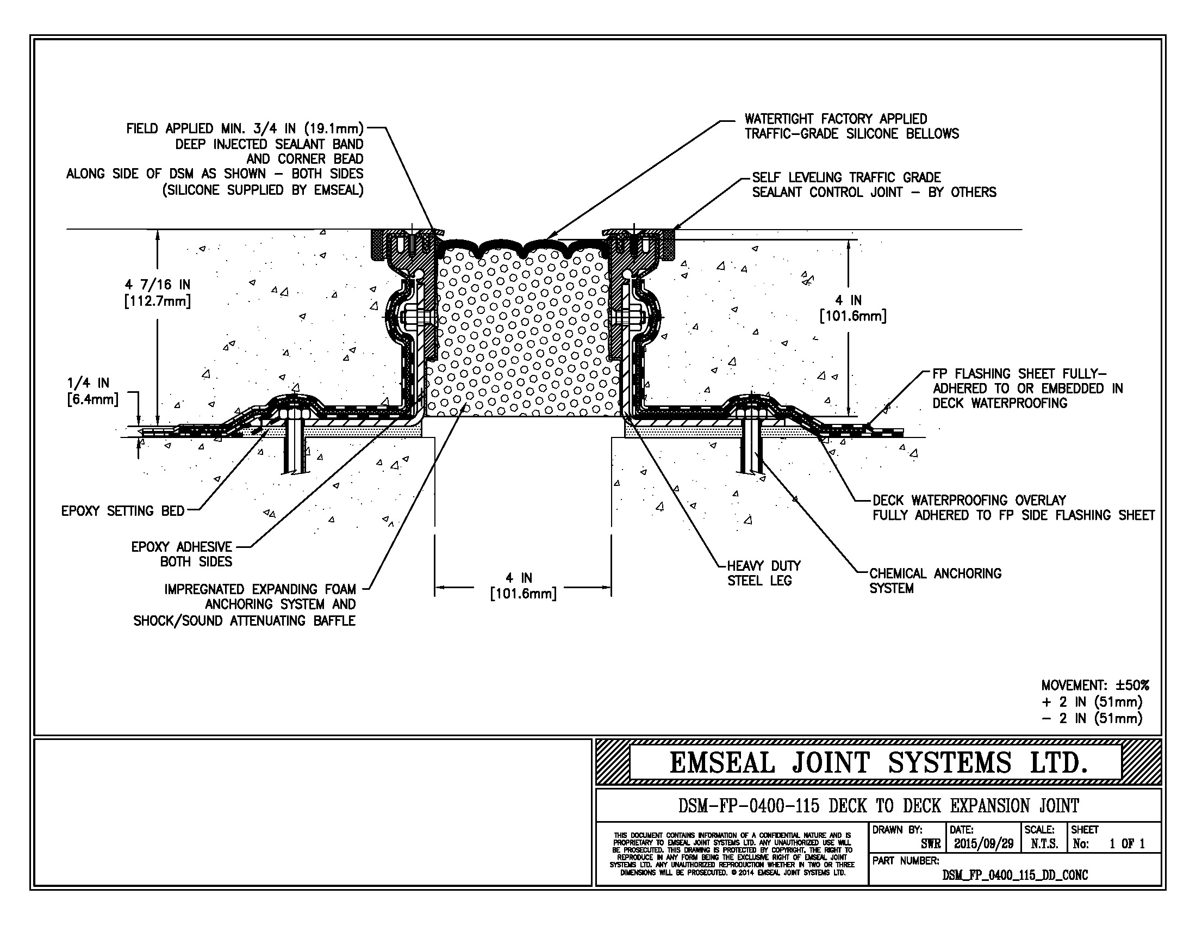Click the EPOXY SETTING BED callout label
(x=123, y=511)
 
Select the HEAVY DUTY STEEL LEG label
(x=763, y=573)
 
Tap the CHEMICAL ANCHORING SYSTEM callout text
(x=935, y=581)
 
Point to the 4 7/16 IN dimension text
(x=158, y=293)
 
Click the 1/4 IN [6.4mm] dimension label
(x=92, y=391)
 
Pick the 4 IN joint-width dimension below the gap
(x=523, y=586)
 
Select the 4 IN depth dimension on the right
(x=852, y=308)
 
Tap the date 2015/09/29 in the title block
(x=983, y=844)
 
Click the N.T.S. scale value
(x=1044, y=844)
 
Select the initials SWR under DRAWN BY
(x=930, y=844)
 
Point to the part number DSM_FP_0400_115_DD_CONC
(x=1015, y=875)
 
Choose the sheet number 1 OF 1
(x=1127, y=844)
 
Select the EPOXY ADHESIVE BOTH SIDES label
(x=181, y=554)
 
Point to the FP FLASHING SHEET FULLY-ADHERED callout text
(x=1027, y=388)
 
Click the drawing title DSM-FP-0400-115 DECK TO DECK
(x=879, y=805)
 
